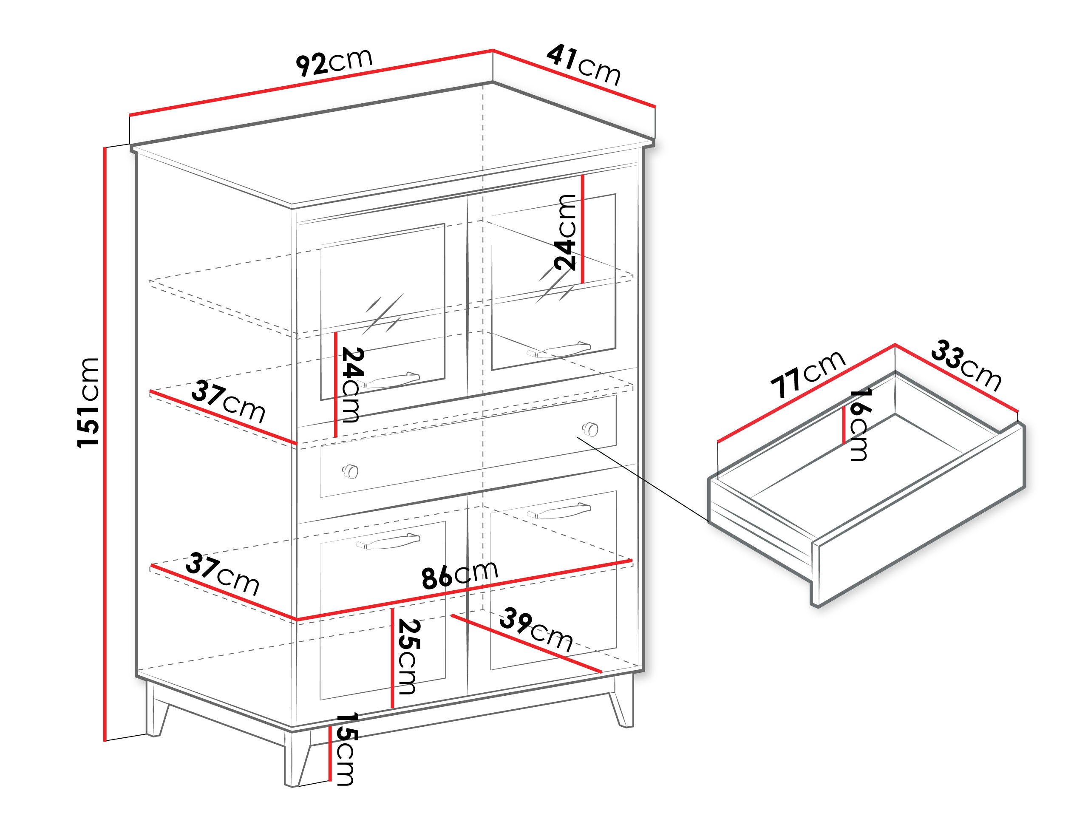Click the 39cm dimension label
coord(536,631)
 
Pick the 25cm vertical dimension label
coord(408,657)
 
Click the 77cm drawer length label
coord(808,373)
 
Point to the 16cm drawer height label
coord(860,424)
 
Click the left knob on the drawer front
coord(350,471)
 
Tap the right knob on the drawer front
coord(590,429)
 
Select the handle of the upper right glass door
coord(559,349)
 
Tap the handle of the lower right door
coord(559,512)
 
